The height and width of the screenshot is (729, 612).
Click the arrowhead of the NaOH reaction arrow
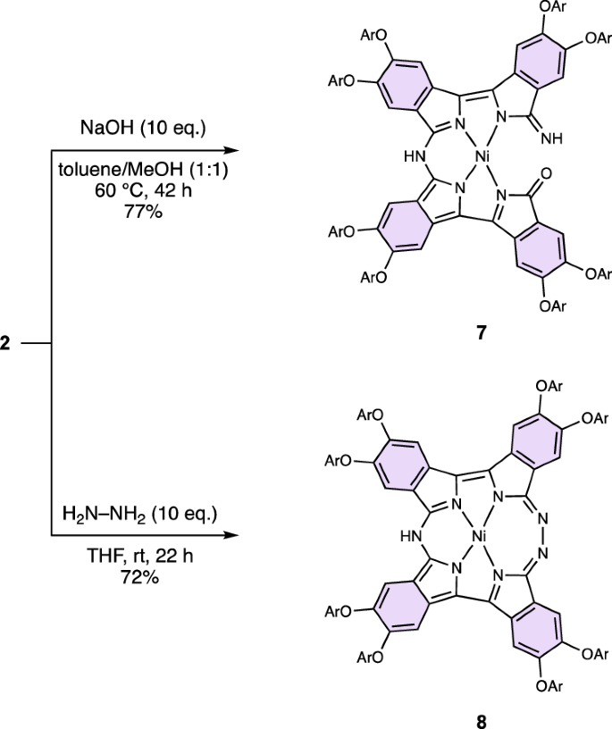[235, 151]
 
